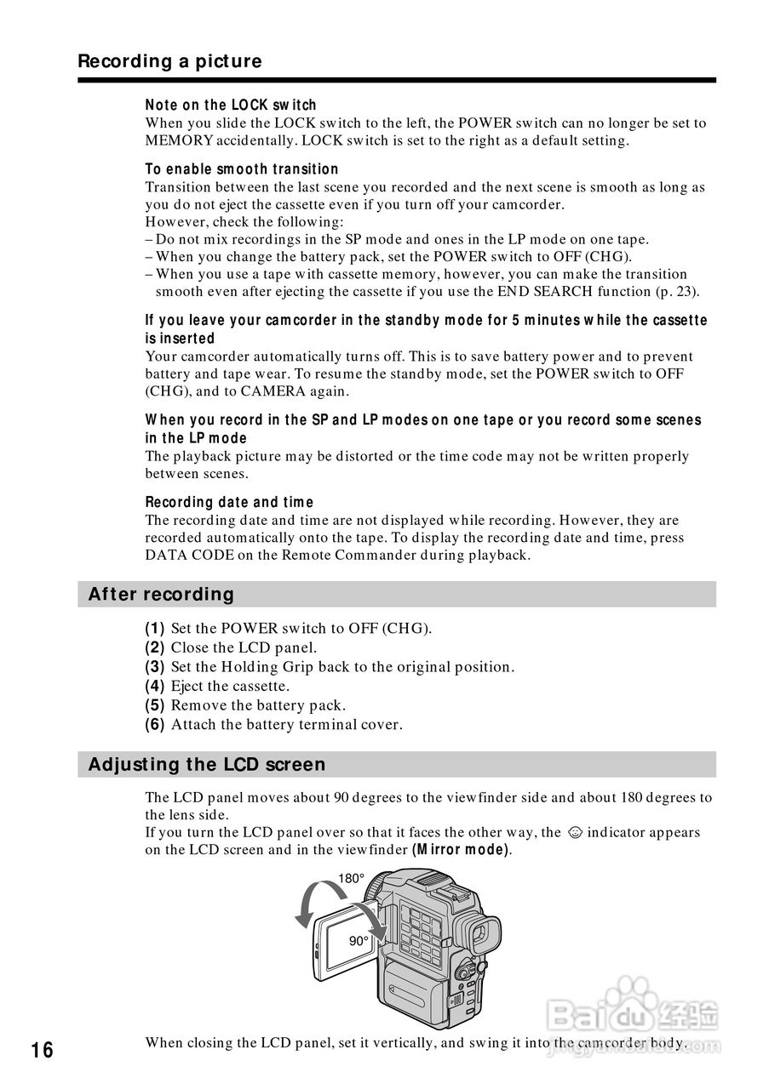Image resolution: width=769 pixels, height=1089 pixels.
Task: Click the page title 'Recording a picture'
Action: click(x=169, y=61)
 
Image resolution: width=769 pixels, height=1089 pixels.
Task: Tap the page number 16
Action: click(x=42, y=1051)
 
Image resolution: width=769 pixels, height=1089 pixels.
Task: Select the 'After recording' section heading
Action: click(x=161, y=594)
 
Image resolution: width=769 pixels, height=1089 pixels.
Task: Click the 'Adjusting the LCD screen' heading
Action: click(x=207, y=764)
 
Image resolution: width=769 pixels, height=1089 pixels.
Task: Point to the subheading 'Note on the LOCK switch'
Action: click(x=231, y=105)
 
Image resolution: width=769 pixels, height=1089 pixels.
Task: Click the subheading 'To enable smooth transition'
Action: click(x=242, y=169)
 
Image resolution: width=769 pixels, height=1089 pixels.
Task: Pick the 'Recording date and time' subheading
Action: click(x=229, y=502)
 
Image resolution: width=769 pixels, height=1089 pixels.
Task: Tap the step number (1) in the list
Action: click(x=155, y=629)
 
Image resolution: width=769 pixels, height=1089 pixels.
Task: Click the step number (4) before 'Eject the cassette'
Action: click(x=155, y=686)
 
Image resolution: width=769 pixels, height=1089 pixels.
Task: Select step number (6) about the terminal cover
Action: click(x=155, y=725)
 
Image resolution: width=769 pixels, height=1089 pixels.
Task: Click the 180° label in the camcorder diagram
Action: click(x=351, y=879)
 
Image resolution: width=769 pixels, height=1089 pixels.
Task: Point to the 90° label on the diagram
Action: click(x=359, y=941)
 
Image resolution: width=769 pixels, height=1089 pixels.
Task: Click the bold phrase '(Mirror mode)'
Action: click(x=462, y=850)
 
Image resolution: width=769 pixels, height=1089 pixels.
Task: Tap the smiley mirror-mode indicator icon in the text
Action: click(x=575, y=833)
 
